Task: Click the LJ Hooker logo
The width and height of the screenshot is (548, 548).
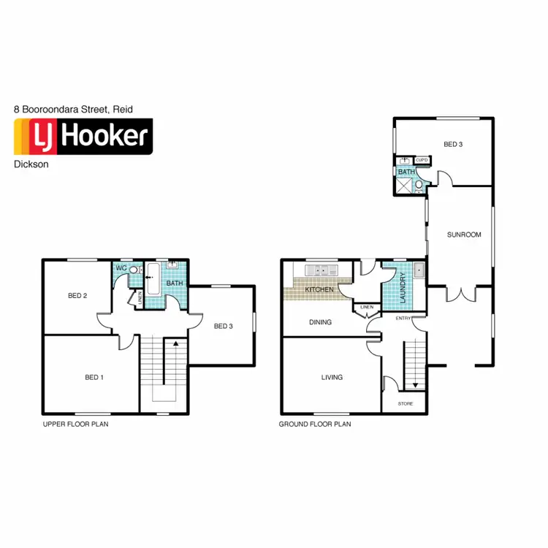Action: pyautogui.click(x=83, y=137)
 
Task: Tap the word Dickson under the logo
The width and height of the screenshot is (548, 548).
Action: pyautogui.click(x=31, y=164)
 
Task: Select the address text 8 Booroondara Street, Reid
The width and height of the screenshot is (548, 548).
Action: pyautogui.click(x=73, y=109)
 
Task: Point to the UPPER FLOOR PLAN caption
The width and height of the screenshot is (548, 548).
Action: pyautogui.click(x=75, y=423)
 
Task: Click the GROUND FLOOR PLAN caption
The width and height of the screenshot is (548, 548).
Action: pyautogui.click(x=315, y=423)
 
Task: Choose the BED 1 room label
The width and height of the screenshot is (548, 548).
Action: pyautogui.click(x=94, y=378)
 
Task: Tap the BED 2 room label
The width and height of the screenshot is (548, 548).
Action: pyautogui.click(x=77, y=296)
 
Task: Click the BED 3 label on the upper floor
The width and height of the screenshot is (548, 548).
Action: pyautogui.click(x=223, y=326)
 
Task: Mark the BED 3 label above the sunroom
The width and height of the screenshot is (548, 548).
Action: pyautogui.click(x=453, y=145)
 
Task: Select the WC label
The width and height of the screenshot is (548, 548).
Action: pyautogui.click(x=122, y=269)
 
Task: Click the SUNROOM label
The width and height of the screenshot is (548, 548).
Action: pyautogui.click(x=464, y=235)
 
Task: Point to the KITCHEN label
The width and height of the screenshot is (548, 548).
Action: pyautogui.click(x=319, y=290)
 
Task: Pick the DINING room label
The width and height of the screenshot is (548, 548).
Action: pyautogui.click(x=320, y=322)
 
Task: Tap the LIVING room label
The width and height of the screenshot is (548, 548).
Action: pyautogui.click(x=332, y=378)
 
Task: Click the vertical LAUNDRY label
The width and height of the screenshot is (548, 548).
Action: pyautogui.click(x=403, y=288)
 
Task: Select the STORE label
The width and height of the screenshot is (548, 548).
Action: pyautogui.click(x=405, y=403)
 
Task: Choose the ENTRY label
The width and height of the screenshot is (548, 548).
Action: pyautogui.click(x=403, y=319)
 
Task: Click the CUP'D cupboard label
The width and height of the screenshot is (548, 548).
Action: pyautogui.click(x=422, y=160)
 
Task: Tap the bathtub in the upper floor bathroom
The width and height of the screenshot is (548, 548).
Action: pyautogui.click(x=153, y=281)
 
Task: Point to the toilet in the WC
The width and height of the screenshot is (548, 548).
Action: pyautogui.click(x=134, y=270)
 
